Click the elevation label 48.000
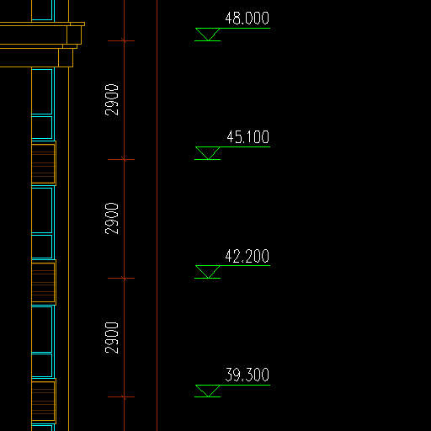click(x=247, y=19)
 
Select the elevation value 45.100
click(x=248, y=137)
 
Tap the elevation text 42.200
click(x=247, y=256)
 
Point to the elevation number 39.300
click(x=247, y=375)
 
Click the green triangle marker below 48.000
click(x=208, y=35)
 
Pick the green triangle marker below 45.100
click(x=208, y=153)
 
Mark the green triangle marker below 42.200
click(x=208, y=272)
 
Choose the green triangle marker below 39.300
click(x=208, y=391)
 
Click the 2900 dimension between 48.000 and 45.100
click(x=112, y=100)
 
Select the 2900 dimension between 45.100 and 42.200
click(x=112, y=219)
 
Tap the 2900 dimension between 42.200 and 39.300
click(x=112, y=338)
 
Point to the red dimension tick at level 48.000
click(x=124, y=40)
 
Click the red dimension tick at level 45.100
click(x=124, y=159)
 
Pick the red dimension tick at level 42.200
click(x=124, y=278)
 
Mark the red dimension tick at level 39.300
click(x=124, y=396)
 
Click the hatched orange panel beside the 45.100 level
click(x=44, y=163)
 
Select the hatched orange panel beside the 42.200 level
click(x=44, y=282)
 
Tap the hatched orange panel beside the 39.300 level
click(x=44, y=401)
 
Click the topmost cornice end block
click(x=74, y=35)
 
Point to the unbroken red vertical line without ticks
click(x=157, y=215)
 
